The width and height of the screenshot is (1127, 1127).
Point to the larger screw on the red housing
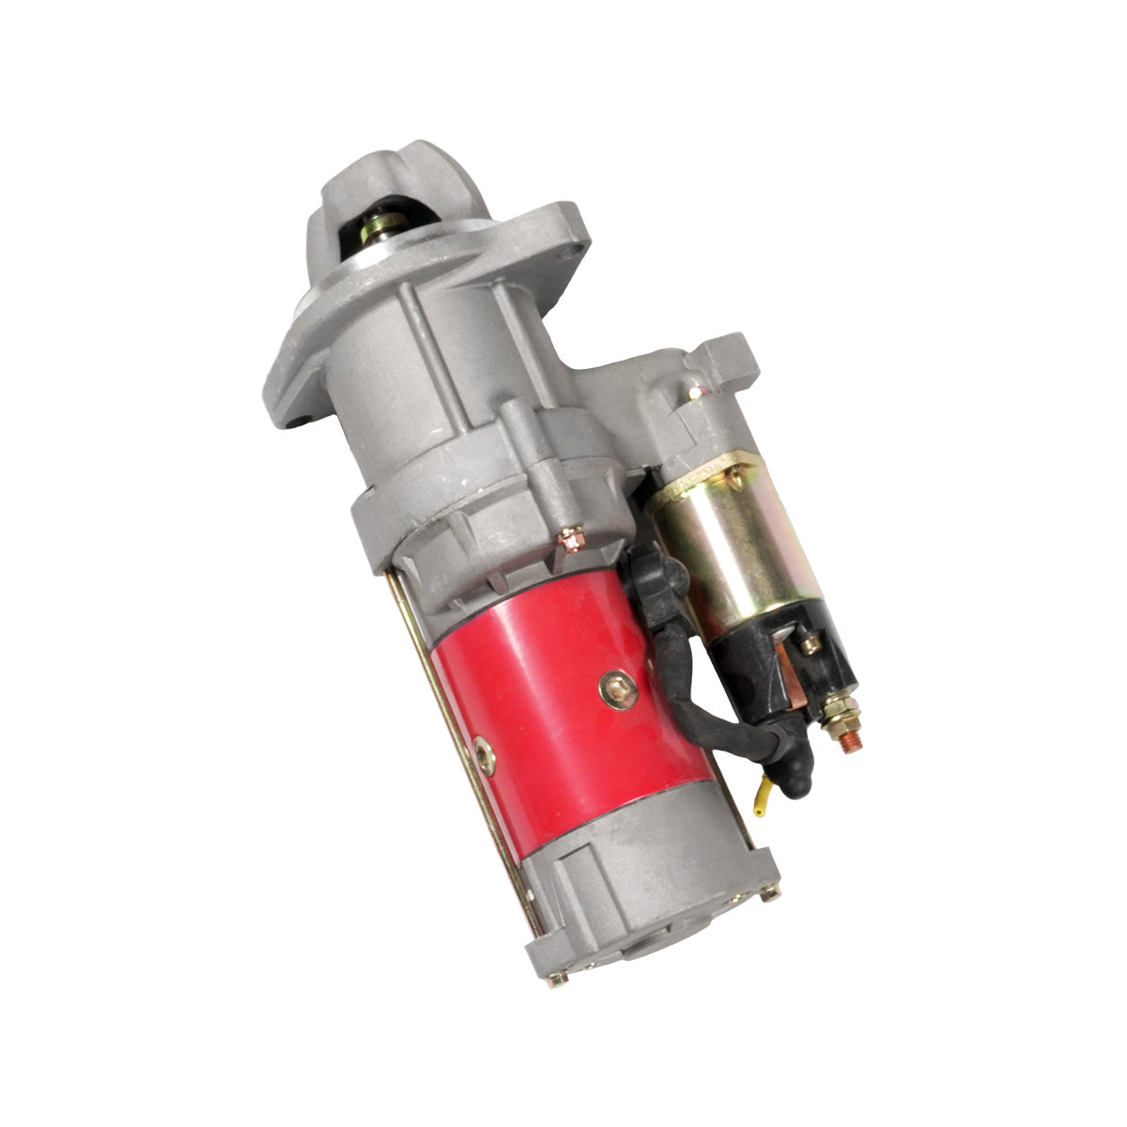coord(618,692)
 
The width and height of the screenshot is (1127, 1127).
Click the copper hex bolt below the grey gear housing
coord(570,538)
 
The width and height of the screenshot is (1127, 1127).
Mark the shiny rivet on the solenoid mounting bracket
coord(694,387)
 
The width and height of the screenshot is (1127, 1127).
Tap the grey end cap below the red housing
coord(648,883)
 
